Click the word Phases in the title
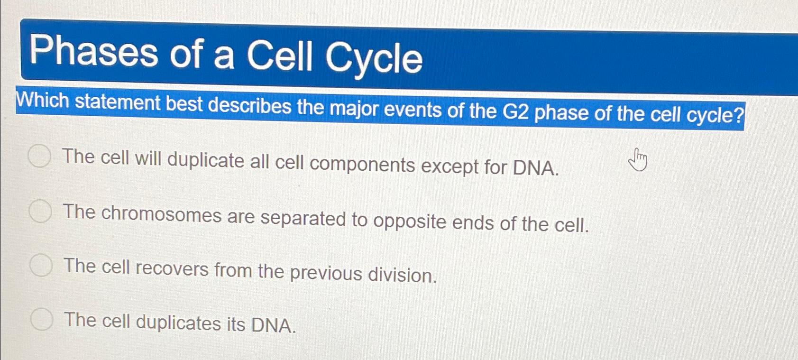coord(93,51)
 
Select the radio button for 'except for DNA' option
coord(39,156)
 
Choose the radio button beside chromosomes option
coord(40,211)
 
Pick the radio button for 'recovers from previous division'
coord(41,265)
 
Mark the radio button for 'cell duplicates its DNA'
coord(42,319)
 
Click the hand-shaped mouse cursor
coord(638,160)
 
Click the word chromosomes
coord(161,214)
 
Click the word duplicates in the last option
coord(178,323)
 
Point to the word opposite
coord(410,222)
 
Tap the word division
coord(403,275)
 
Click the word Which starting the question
coord(42,100)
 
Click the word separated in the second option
coord(303,219)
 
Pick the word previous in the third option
coord(326,274)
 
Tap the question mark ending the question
coord(739,115)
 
